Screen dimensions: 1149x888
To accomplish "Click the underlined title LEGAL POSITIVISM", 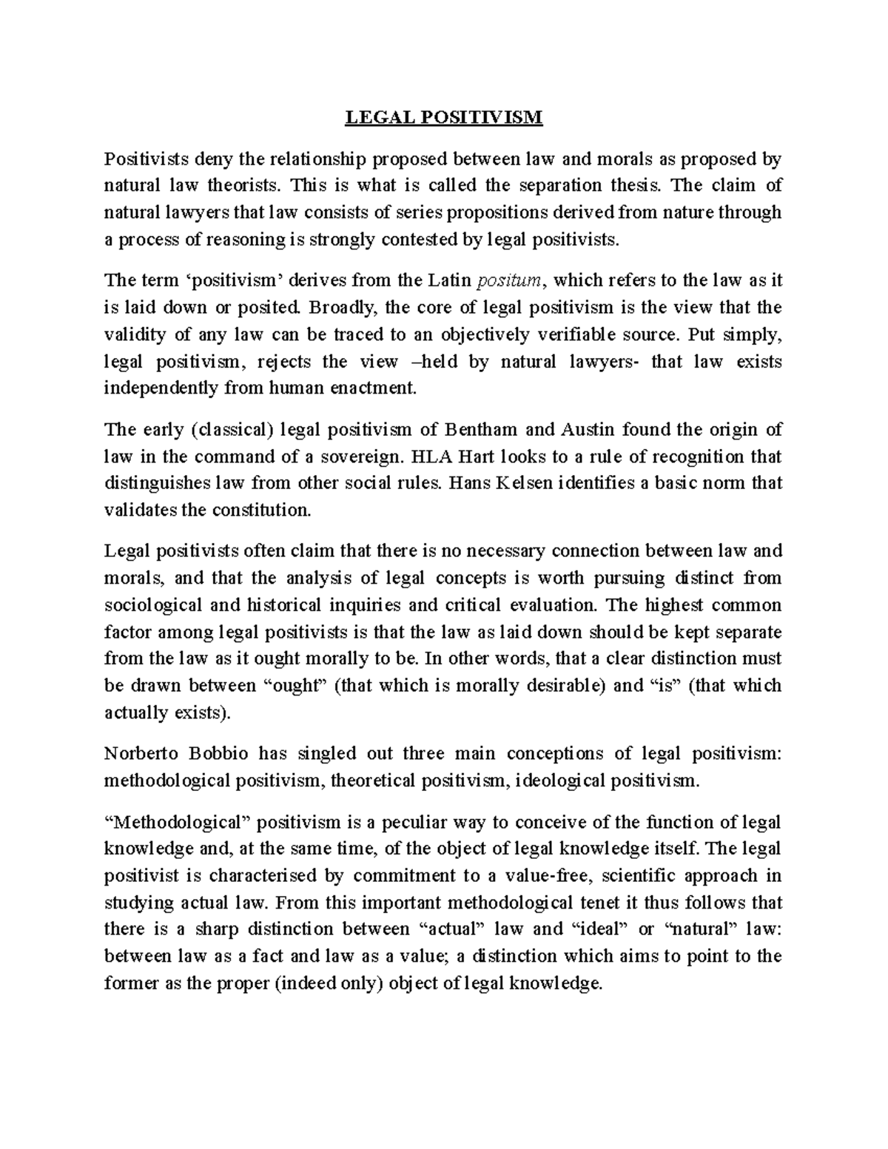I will click(444, 118).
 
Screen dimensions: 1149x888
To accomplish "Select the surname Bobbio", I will click(218, 754).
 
